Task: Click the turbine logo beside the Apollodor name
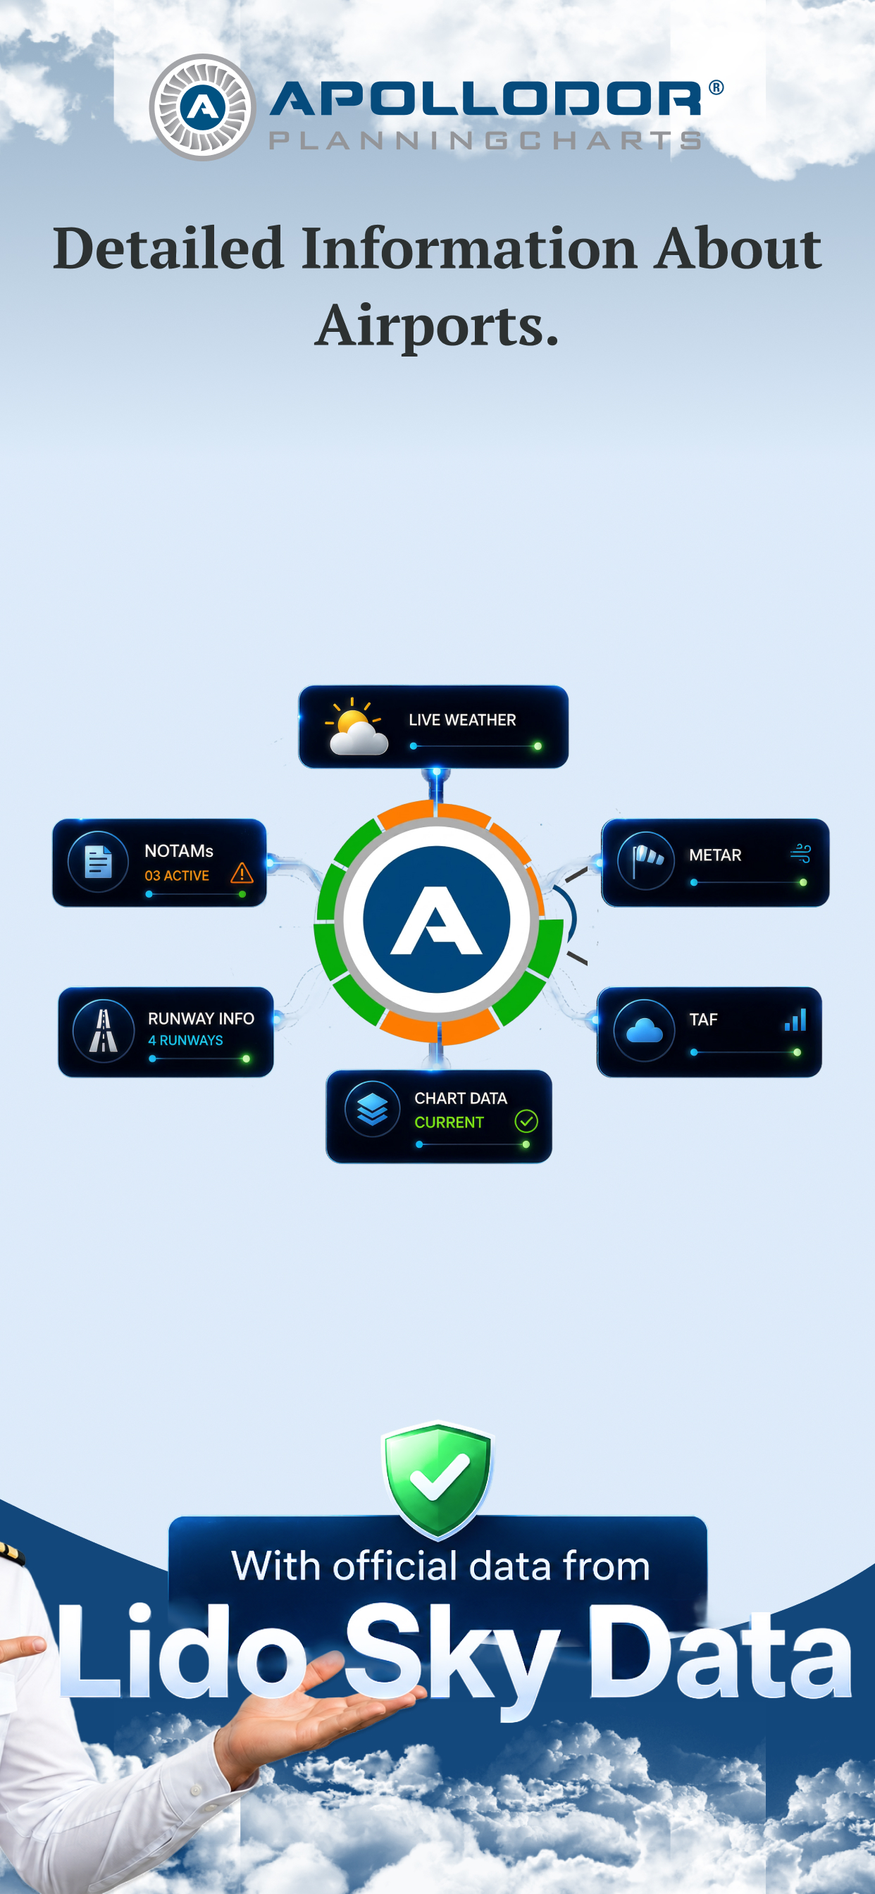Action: pos(202,107)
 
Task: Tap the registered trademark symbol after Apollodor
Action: pos(716,88)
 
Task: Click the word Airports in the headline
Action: pos(437,324)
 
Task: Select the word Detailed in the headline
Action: pos(168,248)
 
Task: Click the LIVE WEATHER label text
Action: pos(462,720)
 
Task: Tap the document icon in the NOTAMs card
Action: pos(98,862)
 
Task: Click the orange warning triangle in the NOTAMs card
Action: pos(242,873)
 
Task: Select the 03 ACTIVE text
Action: pos(176,876)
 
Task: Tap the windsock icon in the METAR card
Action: pos(647,860)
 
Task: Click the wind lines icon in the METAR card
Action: pos(801,853)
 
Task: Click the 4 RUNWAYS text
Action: pos(185,1041)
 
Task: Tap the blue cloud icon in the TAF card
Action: pos(644,1031)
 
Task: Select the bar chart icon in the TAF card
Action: pos(795,1020)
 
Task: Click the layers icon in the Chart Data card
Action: pos(372,1109)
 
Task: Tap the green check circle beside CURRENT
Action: pos(526,1121)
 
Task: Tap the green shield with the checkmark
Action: pos(437,1478)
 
